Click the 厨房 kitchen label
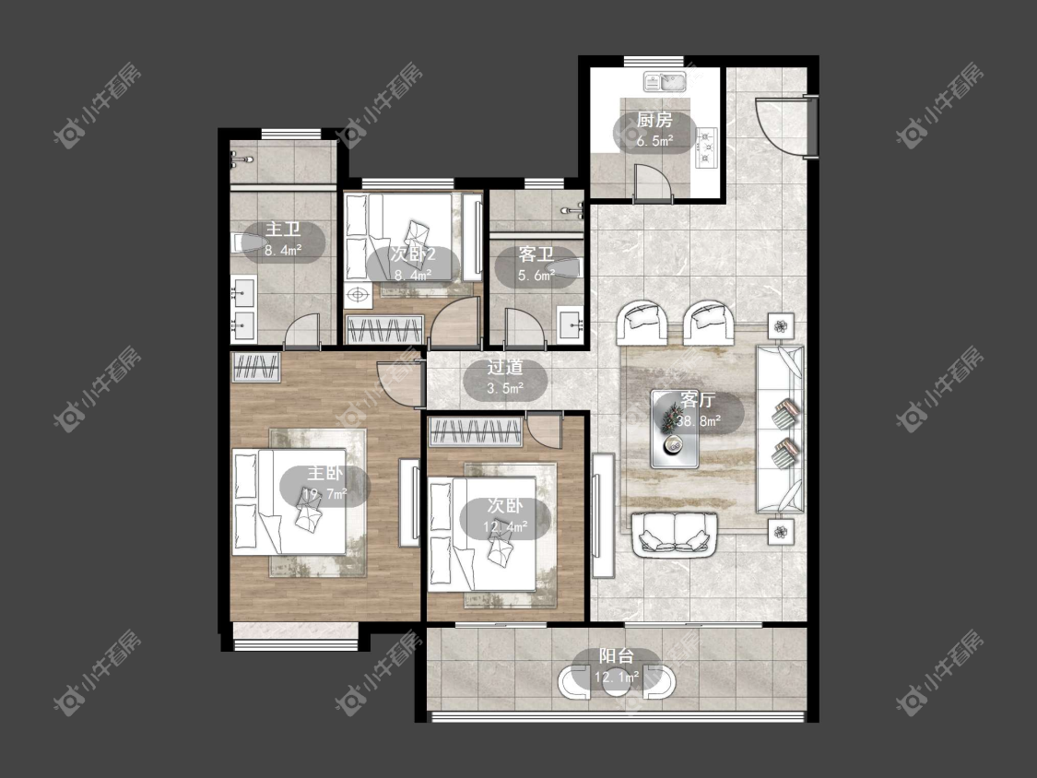click(654, 120)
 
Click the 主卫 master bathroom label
click(283, 230)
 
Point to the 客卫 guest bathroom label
click(536, 254)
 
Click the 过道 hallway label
click(505, 367)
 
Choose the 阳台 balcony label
click(617, 655)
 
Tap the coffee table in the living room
click(675, 430)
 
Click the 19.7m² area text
click(324, 493)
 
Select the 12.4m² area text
click(505, 526)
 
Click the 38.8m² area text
click(699, 420)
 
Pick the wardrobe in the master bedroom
click(256, 368)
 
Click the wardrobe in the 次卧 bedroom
click(476, 431)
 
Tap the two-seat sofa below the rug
click(675, 536)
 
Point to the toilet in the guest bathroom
click(568, 268)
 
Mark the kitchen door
click(653, 183)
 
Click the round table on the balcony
click(617, 681)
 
